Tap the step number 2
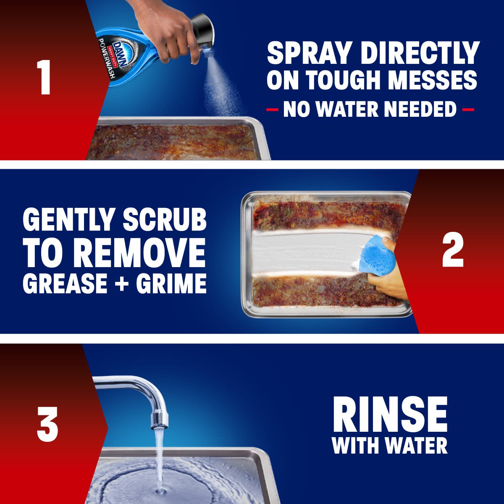pyautogui.click(x=453, y=251)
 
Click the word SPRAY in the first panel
pyautogui.click(x=309, y=53)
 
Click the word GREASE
pyautogui.click(x=66, y=283)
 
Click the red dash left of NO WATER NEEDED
pyautogui.click(x=272, y=110)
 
